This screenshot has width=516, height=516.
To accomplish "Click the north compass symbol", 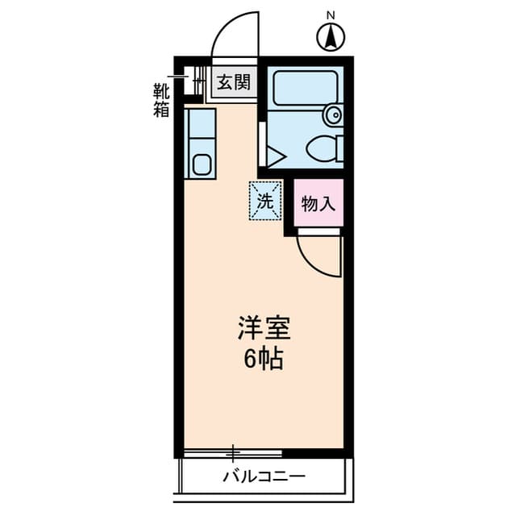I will pyautogui.click(x=331, y=36).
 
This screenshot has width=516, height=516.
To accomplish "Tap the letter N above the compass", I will pyautogui.click(x=331, y=15).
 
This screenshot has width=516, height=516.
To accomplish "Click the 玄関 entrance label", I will pyautogui.click(x=234, y=81).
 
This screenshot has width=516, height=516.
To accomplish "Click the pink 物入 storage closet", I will pyautogui.click(x=318, y=203).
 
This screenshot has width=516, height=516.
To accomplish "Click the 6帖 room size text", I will pyautogui.click(x=264, y=359).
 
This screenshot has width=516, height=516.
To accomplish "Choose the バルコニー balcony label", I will pyautogui.click(x=264, y=476).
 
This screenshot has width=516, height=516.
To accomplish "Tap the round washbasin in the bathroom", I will pyautogui.click(x=332, y=115).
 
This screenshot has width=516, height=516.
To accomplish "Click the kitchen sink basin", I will pyautogui.click(x=201, y=165).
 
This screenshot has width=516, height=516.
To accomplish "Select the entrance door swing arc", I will pyautogui.click(x=234, y=36).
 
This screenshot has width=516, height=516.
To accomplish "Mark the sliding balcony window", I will pyautogui.click(x=234, y=452).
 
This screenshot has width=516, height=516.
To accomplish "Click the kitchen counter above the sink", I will pyautogui.click(x=200, y=125).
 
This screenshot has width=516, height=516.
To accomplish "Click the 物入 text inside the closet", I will pyautogui.click(x=318, y=204).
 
